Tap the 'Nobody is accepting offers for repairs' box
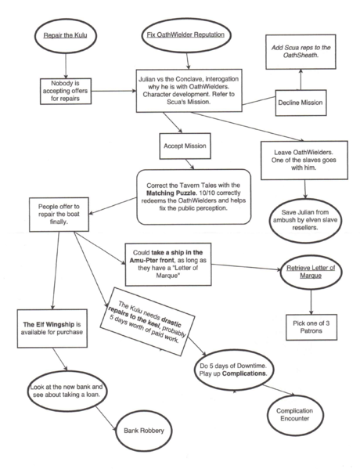[x=66, y=91]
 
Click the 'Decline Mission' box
[x=301, y=103]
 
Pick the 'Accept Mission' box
[x=185, y=146]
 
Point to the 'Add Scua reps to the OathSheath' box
[x=301, y=52]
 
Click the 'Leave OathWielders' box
[x=304, y=161]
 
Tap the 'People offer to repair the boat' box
[x=59, y=215]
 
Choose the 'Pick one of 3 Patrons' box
[x=311, y=327]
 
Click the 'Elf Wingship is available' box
[x=52, y=328]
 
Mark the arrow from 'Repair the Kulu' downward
[x=66, y=66]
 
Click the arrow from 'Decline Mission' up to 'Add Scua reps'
[x=301, y=79]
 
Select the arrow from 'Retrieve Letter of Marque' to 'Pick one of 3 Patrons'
[x=311, y=301]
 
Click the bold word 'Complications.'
[x=245, y=373]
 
